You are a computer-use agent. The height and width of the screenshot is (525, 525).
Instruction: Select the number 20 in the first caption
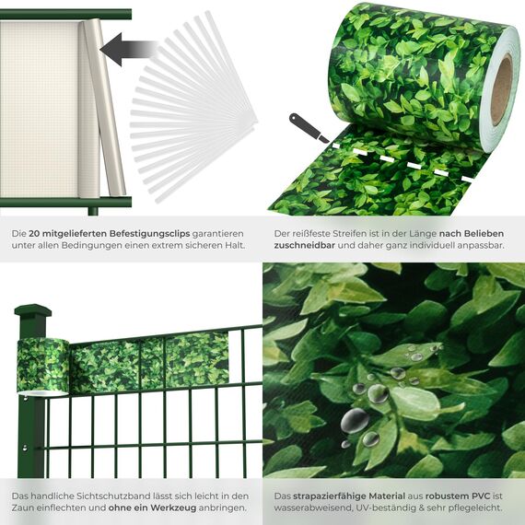36,235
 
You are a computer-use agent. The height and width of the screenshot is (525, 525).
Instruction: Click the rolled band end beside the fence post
43,364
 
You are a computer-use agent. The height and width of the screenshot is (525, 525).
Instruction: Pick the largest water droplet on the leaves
355,421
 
